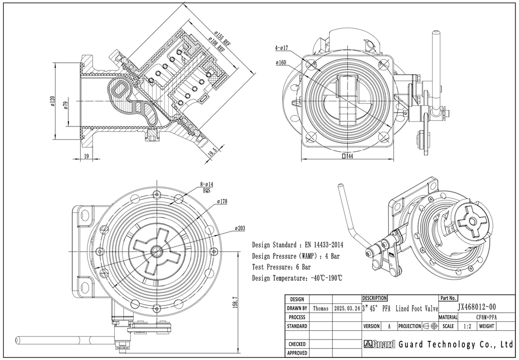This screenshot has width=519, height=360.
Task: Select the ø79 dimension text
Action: click(66, 105)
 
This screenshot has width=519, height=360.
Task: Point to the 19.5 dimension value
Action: click(211, 152)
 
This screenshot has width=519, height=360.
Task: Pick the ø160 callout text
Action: click(281, 63)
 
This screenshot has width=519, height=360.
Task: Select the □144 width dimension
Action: click(347, 156)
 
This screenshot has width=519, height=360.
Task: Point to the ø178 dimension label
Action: click(222, 202)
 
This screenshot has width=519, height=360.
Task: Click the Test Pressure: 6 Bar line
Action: click(281, 267)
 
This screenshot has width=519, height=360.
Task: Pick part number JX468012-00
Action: click(477, 307)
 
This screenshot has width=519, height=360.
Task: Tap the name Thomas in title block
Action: click(320, 309)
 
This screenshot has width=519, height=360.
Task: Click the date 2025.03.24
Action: click(347, 309)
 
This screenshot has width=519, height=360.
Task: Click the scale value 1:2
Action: click(467, 326)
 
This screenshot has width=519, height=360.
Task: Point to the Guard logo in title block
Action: click(379, 344)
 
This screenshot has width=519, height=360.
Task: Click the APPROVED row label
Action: click(297, 353)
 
